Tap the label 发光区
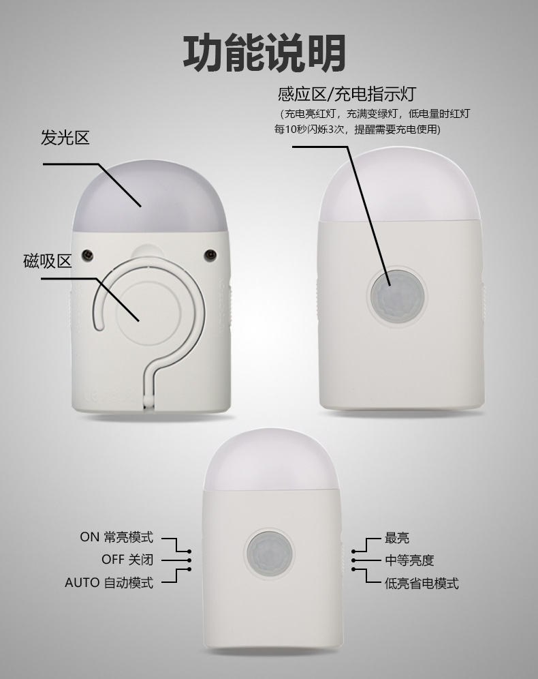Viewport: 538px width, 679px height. pos(65,138)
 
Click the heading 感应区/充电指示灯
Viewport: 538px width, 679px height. pos(347,93)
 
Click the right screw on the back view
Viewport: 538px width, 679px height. pos(210,254)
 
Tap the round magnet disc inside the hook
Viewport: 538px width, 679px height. pos(148,310)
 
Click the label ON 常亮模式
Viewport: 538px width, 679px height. pos(116,537)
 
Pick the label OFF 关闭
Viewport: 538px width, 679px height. pos(127,560)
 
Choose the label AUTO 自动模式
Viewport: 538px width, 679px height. pos(109,583)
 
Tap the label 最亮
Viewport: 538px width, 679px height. pos(397,538)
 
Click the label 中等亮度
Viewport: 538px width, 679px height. pos(409,560)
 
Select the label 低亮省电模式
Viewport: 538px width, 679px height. pos(422,583)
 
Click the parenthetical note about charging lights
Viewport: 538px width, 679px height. pos(373,121)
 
